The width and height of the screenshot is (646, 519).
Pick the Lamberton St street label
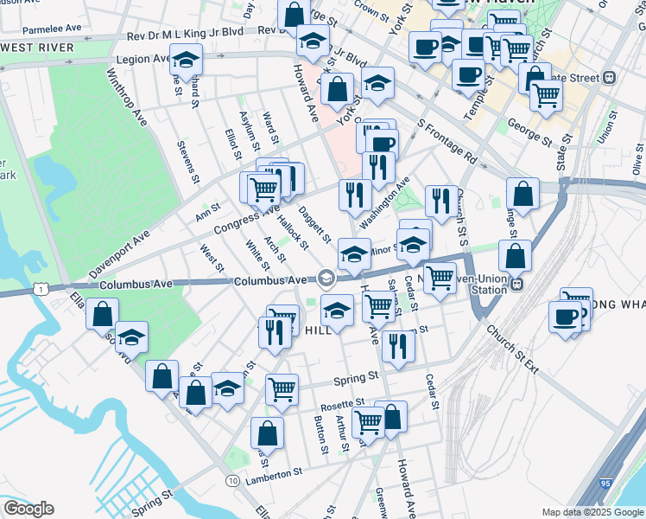tap(273, 473)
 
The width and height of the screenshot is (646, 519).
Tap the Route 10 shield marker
tap(233, 480)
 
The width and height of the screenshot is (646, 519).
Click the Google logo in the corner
tap(28, 509)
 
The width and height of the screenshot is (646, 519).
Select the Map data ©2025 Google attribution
tap(592, 512)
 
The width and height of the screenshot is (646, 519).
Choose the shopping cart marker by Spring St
tap(282, 390)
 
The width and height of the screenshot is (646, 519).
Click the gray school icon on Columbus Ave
tap(326, 278)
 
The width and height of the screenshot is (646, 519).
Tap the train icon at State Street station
tap(609, 77)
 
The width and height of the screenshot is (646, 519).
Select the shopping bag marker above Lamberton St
tap(268, 432)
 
